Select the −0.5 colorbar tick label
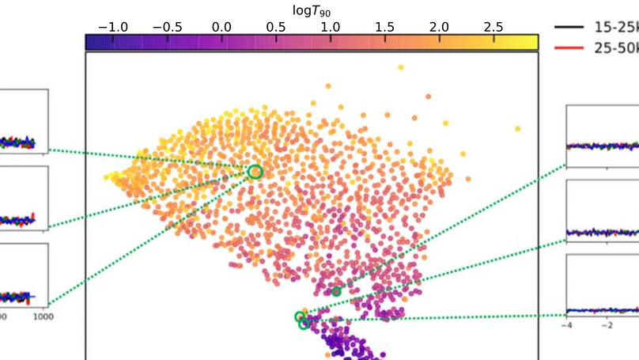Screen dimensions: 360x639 click(168, 26)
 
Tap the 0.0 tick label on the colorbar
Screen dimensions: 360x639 click(223, 26)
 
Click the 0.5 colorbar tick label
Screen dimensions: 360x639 click(277, 26)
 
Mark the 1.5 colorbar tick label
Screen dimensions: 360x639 click(385, 26)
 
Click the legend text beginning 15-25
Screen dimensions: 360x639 click(616, 27)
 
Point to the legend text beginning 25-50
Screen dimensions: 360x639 click(616, 47)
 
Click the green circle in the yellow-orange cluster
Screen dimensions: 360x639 click(255, 171)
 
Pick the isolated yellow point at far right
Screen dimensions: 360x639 click(518, 128)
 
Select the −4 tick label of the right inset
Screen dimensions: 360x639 click(567, 324)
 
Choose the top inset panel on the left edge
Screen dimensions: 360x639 click(24, 120)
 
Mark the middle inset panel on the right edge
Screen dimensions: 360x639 click(603, 208)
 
